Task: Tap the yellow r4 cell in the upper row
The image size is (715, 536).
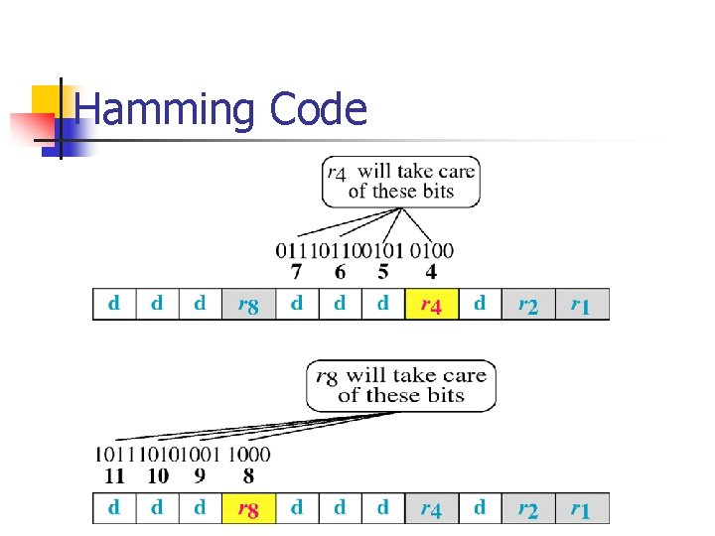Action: coord(431,305)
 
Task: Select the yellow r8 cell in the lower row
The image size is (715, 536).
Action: coord(247,509)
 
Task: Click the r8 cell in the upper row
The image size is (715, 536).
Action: coord(247,305)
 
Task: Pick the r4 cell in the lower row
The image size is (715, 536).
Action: coord(431,509)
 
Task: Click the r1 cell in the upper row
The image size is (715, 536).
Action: coord(580,305)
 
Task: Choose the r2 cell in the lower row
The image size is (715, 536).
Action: coord(528,509)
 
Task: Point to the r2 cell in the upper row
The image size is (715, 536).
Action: coord(528,305)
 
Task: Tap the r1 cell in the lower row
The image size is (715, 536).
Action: coord(580,509)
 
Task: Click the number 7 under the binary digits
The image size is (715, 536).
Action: coord(295,271)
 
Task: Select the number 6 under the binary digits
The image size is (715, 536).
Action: coord(340,271)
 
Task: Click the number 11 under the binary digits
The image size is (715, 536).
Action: coord(114,475)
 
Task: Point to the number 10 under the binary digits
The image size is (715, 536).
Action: coord(157,475)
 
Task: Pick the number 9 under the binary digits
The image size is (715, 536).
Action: coord(200,475)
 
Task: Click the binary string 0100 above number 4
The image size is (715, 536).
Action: coord(432,250)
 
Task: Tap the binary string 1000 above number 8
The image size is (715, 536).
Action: coord(248,455)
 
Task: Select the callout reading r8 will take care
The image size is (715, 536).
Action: coord(400,385)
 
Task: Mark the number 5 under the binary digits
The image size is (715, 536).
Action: coord(383,271)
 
